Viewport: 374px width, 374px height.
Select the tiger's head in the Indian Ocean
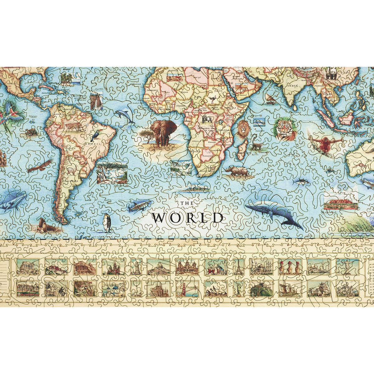[285, 130]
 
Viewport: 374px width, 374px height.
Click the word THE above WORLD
[187, 203]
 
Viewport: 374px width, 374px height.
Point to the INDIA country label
[292, 86]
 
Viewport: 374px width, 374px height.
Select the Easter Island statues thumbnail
[290, 267]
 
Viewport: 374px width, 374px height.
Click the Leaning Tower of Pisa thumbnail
[136, 267]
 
